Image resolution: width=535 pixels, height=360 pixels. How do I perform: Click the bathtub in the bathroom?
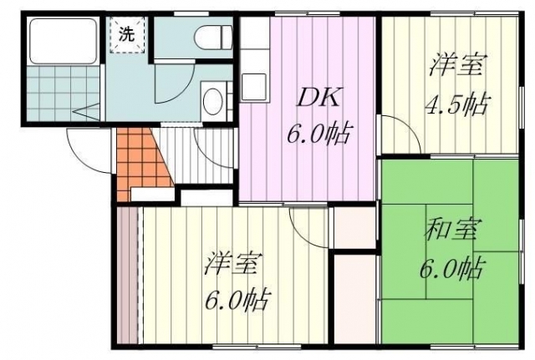64,41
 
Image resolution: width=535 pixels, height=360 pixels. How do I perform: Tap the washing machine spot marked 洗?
127,35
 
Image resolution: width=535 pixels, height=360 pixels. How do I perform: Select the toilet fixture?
213,37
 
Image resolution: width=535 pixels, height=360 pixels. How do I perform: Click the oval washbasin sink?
212,101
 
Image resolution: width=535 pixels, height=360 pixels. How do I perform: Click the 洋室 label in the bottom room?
233,263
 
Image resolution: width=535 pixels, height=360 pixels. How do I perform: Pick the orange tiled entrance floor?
140,160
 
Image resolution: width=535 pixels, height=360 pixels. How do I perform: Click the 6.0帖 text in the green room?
451,268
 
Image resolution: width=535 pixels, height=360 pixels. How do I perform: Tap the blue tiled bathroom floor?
64,93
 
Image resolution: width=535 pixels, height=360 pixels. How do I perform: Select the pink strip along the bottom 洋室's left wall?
128,275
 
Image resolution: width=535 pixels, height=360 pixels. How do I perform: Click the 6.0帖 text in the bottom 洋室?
236,299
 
